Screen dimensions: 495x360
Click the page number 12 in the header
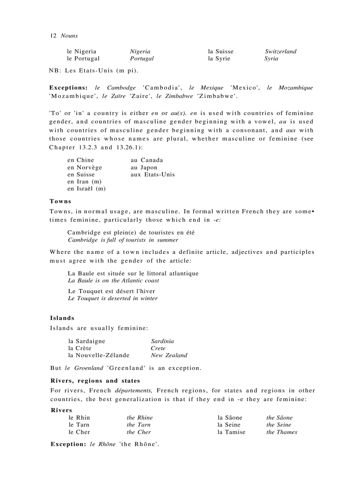click(52, 36)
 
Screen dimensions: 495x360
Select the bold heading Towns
click(60, 201)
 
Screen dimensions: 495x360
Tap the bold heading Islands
click(62, 318)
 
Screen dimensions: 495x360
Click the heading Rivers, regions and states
click(95, 380)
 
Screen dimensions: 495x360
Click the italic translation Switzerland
click(281, 51)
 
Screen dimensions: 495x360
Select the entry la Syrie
click(219, 58)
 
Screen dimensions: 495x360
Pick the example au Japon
click(144, 167)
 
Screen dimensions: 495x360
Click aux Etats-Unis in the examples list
click(153, 175)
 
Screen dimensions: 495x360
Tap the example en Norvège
click(85, 167)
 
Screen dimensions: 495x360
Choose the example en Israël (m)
click(86, 189)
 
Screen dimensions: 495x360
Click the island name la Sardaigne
click(87, 341)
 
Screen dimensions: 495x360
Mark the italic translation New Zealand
click(169, 355)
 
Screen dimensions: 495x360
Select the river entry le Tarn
click(79, 425)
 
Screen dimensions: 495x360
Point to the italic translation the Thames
click(281, 432)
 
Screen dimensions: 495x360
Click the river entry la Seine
click(229, 425)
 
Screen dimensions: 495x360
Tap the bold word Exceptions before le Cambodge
click(68, 88)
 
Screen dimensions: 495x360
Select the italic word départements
click(134, 391)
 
